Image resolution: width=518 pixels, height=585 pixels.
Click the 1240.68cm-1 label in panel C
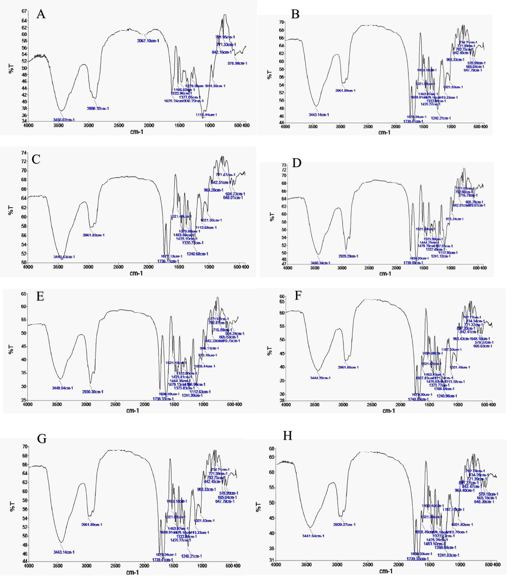[197, 254]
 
